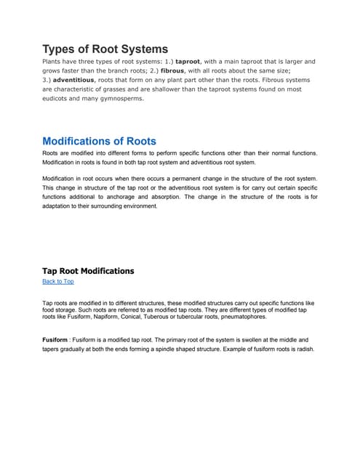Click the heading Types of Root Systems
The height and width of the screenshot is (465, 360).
point(105,49)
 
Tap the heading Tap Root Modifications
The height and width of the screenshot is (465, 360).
point(88,271)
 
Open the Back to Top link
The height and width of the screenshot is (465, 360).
point(58,282)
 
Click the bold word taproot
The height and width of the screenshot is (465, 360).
point(191,62)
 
